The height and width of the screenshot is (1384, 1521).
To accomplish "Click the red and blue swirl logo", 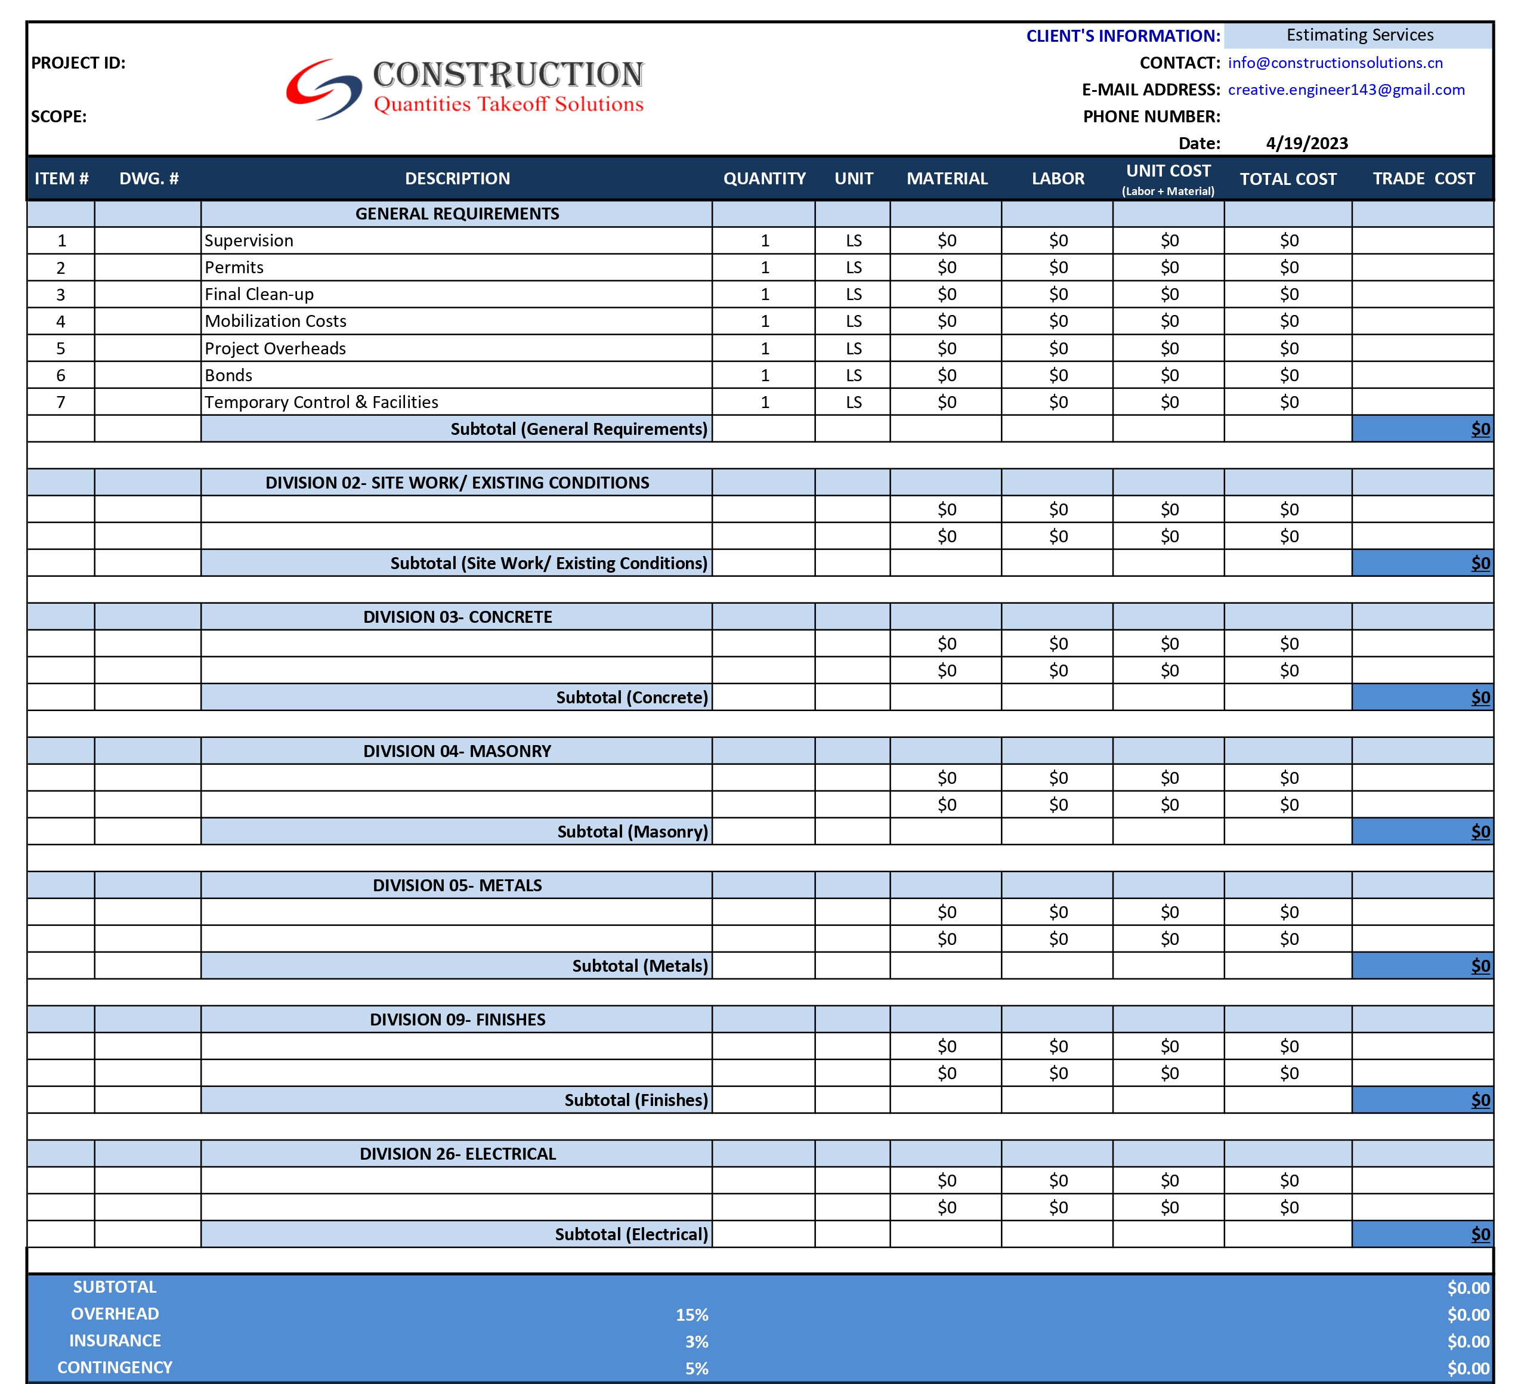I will (323, 89).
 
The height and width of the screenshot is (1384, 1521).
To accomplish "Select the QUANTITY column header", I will (764, 179).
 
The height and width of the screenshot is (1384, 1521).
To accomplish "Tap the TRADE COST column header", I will (1423, 179).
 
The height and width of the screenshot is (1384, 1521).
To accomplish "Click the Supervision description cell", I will (249, 241).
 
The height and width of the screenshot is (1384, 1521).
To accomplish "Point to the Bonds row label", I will (228, 375).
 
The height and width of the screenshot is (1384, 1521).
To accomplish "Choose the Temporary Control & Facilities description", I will (321, 402).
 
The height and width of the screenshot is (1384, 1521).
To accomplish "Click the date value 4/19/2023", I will (1307, 143).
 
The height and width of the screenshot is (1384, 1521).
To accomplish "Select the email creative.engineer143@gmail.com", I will (1346, 90).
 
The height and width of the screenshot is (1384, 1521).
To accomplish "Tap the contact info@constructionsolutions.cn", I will (1335, 63).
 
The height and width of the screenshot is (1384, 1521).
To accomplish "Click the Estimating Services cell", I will (1359, 35).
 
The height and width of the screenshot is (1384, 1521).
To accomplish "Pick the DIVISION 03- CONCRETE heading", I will (457, 617).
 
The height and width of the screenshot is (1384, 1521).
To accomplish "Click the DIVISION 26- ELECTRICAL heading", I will (457, 1154).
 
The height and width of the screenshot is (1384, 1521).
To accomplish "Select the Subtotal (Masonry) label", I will (632, 832).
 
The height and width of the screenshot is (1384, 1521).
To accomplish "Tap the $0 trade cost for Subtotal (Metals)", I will (1480, 966).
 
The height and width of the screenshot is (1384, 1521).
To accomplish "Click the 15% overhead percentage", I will (692, 1315).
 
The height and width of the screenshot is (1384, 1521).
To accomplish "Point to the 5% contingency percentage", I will (696, 1368).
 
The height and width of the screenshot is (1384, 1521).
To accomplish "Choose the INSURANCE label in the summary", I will (115, 1341).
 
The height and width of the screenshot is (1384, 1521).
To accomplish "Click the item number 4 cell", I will (61, 322).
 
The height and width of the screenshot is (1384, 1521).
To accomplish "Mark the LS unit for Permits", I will (854, 268).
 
